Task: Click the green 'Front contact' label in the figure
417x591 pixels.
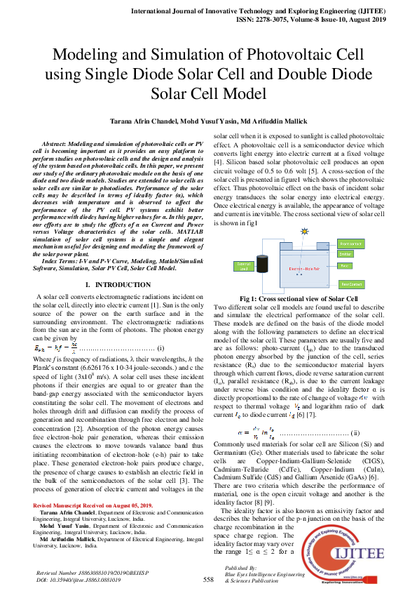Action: click(350, 243)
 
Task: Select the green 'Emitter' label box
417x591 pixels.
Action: click(346, 254)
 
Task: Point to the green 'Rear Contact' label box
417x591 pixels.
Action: click(350, 284)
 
